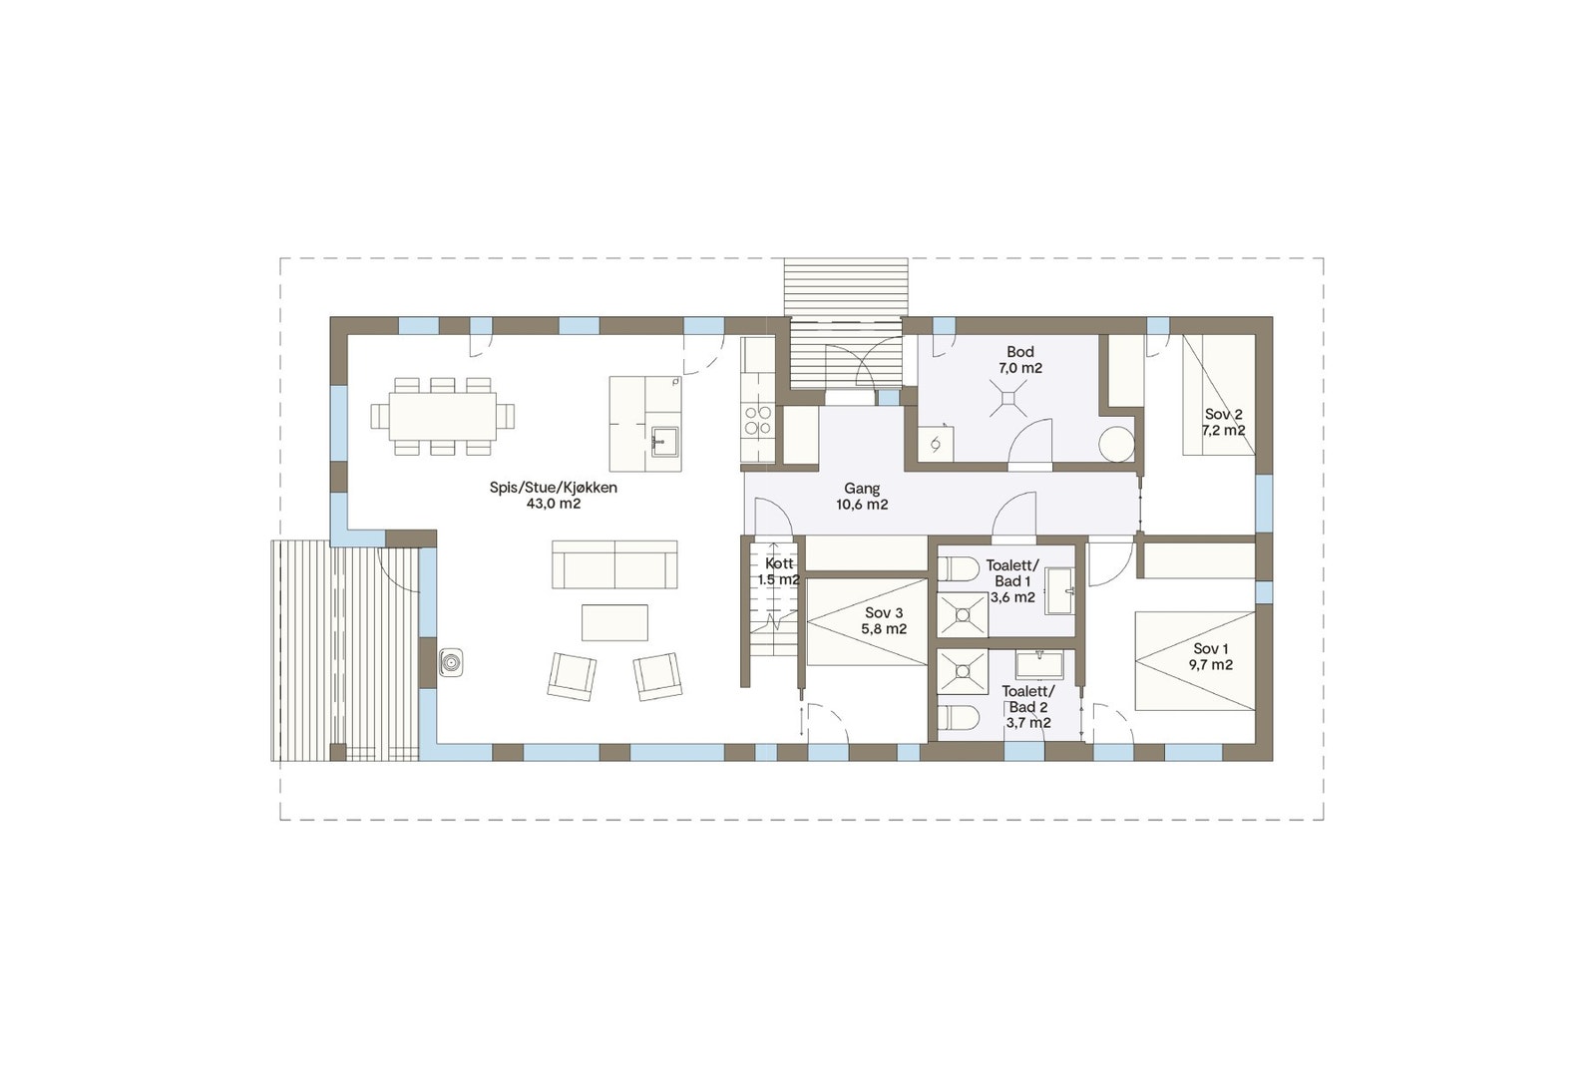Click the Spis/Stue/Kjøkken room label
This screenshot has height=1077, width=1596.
click(553, 488)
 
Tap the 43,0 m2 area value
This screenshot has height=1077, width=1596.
click(553, 505)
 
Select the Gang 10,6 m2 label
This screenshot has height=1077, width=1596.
click(862, 496)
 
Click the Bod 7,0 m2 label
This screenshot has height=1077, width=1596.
click(1019, 359)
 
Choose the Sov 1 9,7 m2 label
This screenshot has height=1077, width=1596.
click(1211, 657)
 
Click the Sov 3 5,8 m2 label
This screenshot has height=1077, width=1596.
click(884, 620)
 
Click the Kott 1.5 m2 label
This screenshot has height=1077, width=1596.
click(778, 571)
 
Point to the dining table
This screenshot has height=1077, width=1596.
click(443, 416)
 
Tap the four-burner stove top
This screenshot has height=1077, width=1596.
click(757, 420)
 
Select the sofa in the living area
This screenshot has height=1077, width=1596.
click(614, 565)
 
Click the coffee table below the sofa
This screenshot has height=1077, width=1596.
click(614, 622)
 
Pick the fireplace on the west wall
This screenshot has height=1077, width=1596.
click(451, 661)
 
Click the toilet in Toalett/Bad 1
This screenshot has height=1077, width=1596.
click(961, 568)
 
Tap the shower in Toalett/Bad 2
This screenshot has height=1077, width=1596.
click(963, 672)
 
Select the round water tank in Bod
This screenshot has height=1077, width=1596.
click(1117, 445)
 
